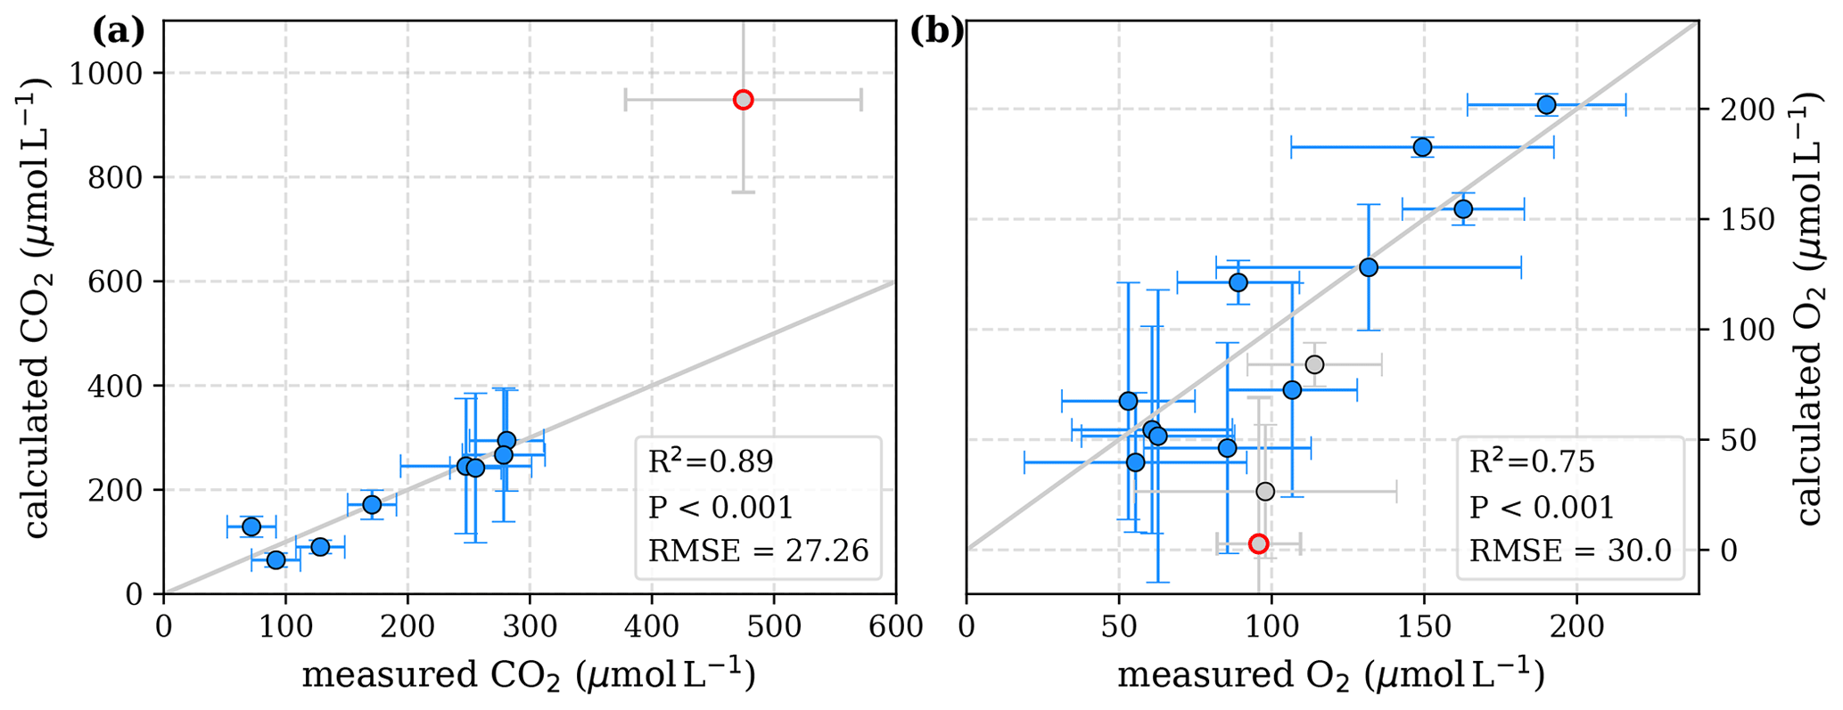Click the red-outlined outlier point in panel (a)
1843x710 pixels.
(x=743, y=100)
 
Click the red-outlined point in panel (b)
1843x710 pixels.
(x=1258, y=543)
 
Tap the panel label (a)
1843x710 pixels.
(x=118, y=32)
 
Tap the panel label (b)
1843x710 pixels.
(x=936, y=32)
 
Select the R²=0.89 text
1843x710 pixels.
(x=711, y=461)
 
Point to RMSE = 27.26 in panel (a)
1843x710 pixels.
(x=758, y=551)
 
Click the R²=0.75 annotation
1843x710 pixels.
(x=1532, y=461)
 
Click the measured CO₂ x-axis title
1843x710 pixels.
(x=529, y=675)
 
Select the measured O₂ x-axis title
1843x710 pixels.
(x=1331, y=675)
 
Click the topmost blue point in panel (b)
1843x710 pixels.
(x=1546, y=105)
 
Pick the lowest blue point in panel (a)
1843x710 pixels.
(x=276, y=559)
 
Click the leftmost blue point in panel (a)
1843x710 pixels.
(x=251, y=526)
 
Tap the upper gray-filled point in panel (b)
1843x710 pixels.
(x=1313, y=364)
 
